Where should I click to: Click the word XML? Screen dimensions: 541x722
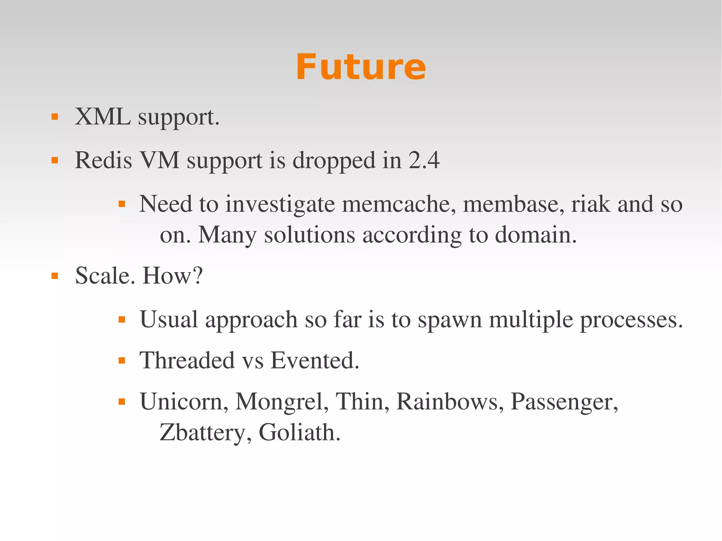(x=103, y=117)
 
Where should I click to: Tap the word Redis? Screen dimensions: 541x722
(x=103, y=160)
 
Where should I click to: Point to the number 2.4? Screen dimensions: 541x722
(x=424, y=160)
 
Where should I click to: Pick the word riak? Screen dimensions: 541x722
(x=591, y=204)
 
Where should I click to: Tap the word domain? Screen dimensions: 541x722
(x=536, y=235)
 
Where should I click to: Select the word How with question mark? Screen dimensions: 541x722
(x=172, y=276)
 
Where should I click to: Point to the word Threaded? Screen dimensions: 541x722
(x=187, y=361)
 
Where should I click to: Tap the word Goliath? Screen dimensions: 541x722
(x=299, y=433)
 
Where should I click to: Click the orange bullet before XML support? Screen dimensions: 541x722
(x=55, y=117)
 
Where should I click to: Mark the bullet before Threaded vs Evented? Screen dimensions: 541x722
(x=122, y=361)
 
